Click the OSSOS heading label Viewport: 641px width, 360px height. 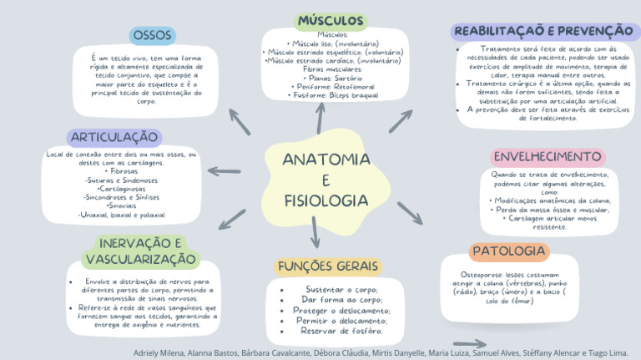point(153,35)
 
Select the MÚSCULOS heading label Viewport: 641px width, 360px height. point(331,20)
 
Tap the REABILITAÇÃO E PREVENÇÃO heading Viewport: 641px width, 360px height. point(543,31)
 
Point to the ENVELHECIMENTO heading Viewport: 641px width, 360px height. point(548,157)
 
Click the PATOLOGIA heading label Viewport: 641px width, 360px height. point(508,251)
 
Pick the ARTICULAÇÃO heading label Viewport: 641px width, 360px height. point(114,137)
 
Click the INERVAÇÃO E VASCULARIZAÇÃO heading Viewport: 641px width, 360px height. point(141,251)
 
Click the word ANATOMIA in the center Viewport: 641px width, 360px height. point(326,160)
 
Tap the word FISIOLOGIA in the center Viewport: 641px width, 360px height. point(326,201)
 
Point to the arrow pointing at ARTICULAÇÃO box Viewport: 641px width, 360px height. point(224,172)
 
